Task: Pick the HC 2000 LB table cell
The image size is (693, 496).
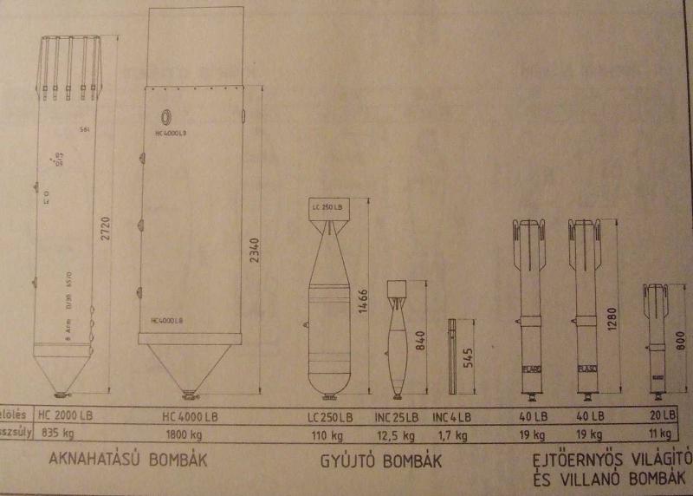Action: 66,414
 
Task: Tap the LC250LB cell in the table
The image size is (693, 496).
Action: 332,415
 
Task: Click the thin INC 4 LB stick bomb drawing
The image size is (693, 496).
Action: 452,356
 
